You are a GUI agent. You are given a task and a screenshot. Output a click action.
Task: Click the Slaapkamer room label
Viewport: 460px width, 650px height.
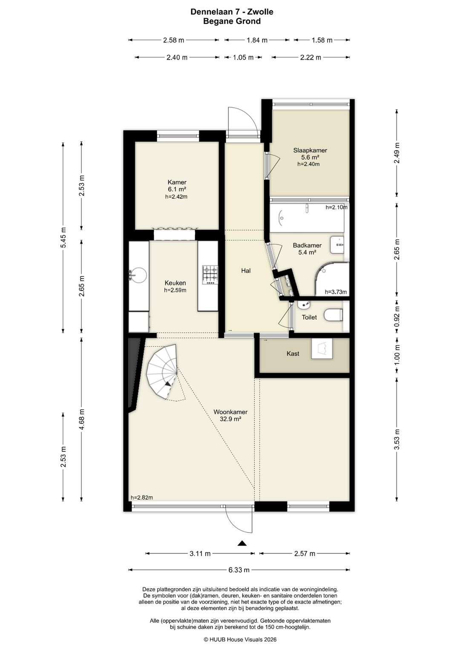point(310,150)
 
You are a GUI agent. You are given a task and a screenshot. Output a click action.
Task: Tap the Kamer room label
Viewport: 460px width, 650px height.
point(177,182)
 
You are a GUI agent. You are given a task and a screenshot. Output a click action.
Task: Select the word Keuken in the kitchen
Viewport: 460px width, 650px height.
point(175,283)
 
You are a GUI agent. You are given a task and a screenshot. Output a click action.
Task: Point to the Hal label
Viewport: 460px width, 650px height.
point(246,271)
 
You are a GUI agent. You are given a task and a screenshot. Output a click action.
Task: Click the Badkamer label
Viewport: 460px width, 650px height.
point(307,245)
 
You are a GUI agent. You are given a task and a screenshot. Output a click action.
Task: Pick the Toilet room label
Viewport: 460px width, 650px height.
point(309,317)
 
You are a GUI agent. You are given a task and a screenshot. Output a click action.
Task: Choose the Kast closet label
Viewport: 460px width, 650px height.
point(293,354)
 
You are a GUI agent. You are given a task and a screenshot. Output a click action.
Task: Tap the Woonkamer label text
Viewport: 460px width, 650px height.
point(230,412)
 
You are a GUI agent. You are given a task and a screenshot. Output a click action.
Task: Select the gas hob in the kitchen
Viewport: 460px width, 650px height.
point(210,275)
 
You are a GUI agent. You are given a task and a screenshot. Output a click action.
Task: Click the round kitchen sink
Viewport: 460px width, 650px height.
point(139,274)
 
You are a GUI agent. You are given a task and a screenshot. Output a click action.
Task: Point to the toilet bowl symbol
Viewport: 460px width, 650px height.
point(334,316)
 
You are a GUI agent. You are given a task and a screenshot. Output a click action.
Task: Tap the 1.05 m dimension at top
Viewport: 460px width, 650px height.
point(243,58)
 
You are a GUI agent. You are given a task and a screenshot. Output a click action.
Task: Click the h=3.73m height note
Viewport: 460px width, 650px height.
point(336,292)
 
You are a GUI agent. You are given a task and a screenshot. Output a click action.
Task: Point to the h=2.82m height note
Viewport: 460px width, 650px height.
point(142,498)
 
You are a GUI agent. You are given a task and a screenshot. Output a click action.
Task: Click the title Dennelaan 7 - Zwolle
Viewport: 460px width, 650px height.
point(232,12)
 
